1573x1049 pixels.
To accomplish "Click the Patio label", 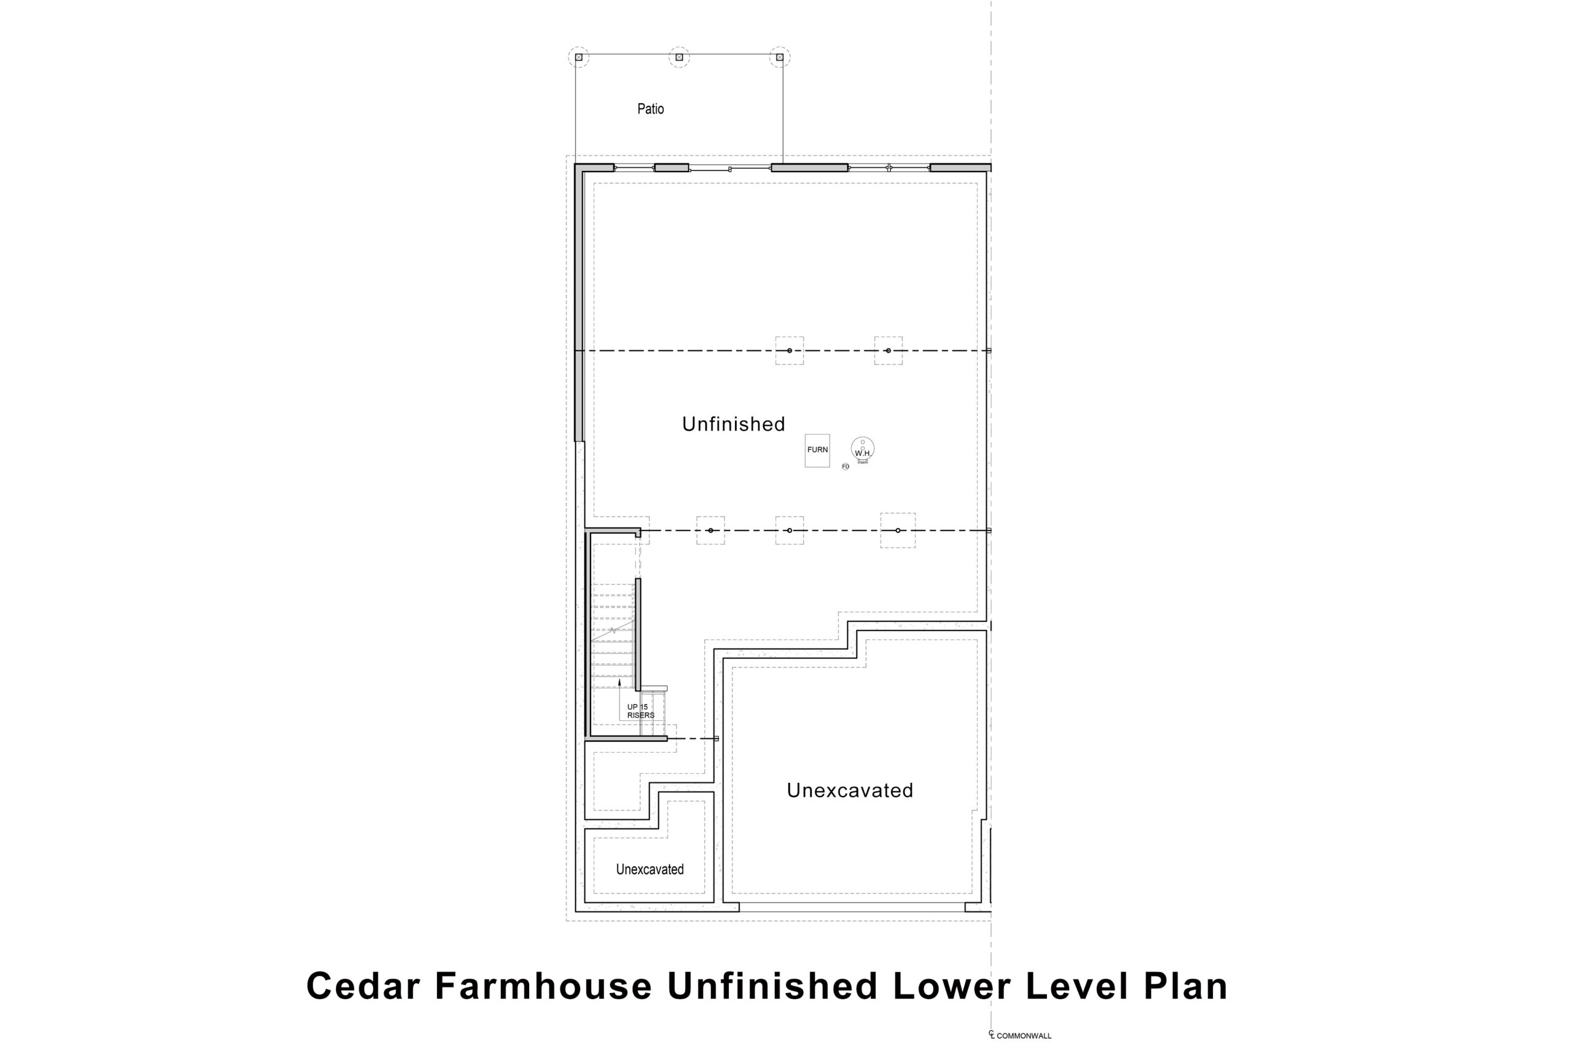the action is click(x=650, y=108).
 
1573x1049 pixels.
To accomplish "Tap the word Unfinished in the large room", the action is click(x=733, y=423).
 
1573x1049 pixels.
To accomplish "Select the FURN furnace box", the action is click(x=817, y=450).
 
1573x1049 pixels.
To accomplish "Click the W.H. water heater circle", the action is click(x=862, y=448).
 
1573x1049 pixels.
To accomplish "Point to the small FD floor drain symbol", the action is click(x=845, y=466).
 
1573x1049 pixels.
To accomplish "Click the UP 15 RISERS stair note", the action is click(x=640, y=711).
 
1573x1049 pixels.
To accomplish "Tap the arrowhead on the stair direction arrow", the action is click(x=619, y=682).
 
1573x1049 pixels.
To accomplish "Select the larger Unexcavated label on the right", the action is click(x=849, y=790).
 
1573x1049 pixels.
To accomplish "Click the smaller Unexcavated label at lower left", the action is click(x=649, y=869).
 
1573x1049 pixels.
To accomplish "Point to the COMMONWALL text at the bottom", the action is click(x=1024, y=1035).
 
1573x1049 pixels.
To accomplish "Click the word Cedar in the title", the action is click(x=363, y=986).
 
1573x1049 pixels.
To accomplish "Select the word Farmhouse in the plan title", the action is click(x=543, y=986).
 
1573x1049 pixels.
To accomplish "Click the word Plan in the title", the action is click(x=1185, y=986).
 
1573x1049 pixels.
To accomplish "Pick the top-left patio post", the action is click(x=578, y=58).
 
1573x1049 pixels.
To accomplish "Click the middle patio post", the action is click(x=679, y=58).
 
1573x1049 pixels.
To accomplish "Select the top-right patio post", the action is click(x=779, y=58).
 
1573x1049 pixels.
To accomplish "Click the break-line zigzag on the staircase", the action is click(x=613, y=631).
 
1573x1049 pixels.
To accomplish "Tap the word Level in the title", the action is click(x=1076, y=986).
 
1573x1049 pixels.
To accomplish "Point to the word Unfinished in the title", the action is click(x=772, y=986).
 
